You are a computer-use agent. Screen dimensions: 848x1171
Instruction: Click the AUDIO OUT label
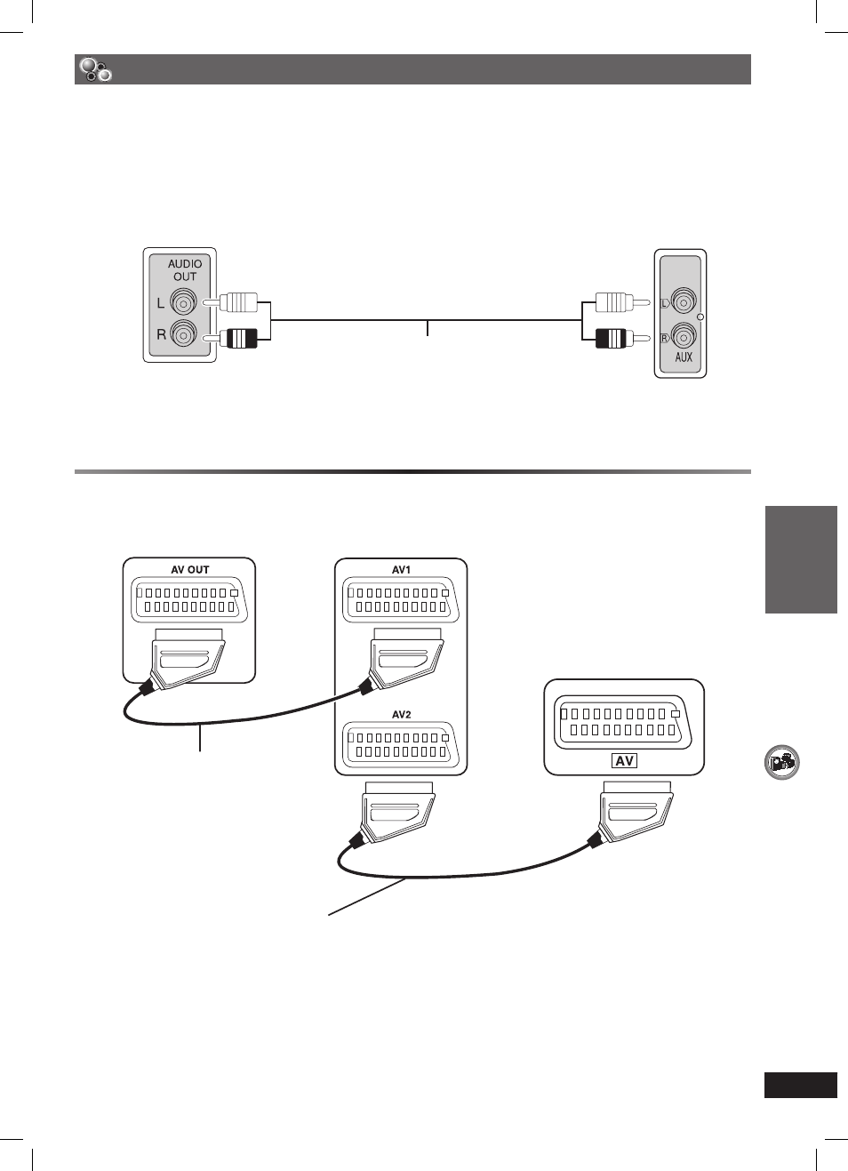[185, 270]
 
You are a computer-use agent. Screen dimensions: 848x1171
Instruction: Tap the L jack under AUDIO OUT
[183, 302]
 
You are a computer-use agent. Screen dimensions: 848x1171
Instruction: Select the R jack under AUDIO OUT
[183, 333]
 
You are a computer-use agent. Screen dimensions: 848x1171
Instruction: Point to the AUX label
[684, 357]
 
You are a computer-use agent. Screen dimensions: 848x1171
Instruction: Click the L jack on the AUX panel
[684, 302]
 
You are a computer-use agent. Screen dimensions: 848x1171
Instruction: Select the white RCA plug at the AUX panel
[621, 302]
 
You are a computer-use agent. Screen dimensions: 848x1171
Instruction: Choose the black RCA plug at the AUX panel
[621, 338]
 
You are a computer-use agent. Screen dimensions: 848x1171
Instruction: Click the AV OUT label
[189, 570]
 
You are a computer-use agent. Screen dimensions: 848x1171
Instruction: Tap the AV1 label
[401, 570]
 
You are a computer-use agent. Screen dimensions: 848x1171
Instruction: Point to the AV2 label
[401, 715]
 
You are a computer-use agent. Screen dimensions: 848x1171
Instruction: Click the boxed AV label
[624, 760]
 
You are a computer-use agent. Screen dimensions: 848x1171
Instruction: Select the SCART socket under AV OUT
[189, 599]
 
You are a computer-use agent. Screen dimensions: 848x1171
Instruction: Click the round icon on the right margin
[781, 762]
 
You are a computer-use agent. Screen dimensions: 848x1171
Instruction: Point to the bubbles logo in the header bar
[95, 69]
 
